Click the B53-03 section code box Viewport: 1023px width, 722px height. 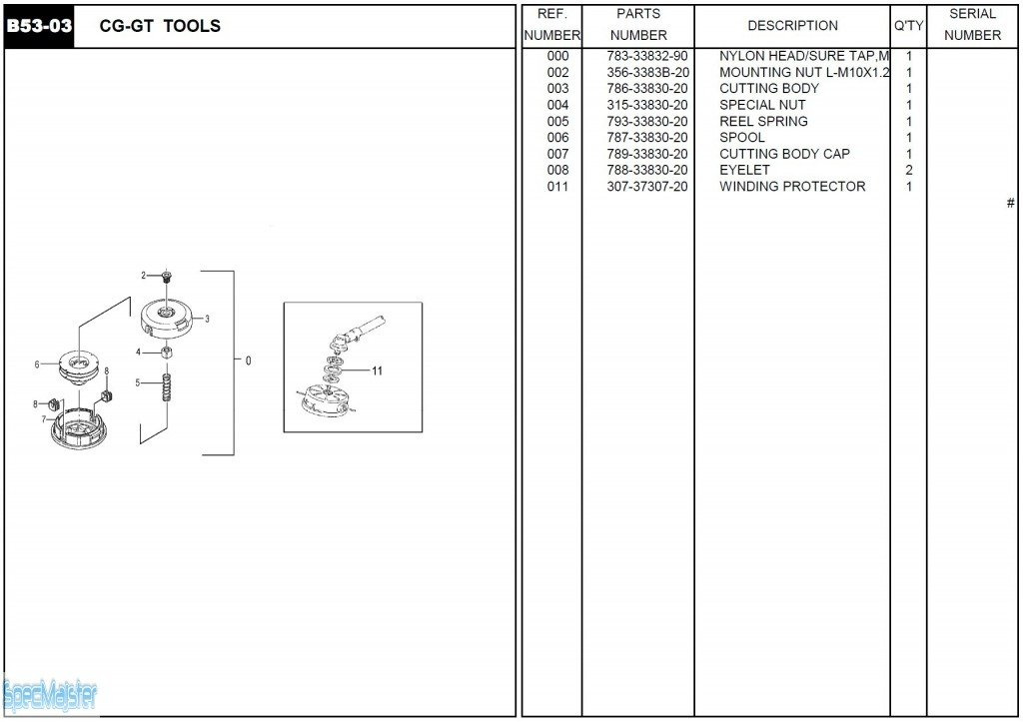(39, 27)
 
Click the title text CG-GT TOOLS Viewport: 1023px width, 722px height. (160, 26)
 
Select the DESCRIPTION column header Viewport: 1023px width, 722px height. (792, 25)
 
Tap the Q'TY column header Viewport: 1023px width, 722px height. (908, 25)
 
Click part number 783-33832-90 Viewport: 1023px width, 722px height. (647, 56)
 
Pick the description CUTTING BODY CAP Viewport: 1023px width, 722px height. (784, 154)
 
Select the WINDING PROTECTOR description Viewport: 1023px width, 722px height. (792, 187)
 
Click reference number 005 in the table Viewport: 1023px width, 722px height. (557, 121)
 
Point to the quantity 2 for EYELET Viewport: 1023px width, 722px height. (909, 170)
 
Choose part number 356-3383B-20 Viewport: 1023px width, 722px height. (647, 72)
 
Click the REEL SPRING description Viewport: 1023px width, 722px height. (763, 121)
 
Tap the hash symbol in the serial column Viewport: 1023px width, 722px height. (1010, 203)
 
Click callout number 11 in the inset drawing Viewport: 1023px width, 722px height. (377, 370)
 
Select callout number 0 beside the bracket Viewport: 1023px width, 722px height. (248, 361)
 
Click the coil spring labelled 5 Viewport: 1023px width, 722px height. (167, 387)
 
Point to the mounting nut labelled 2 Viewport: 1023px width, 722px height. (166, 278)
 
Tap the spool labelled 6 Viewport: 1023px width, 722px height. (78, 363)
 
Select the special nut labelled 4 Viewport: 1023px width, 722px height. (167, 354)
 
